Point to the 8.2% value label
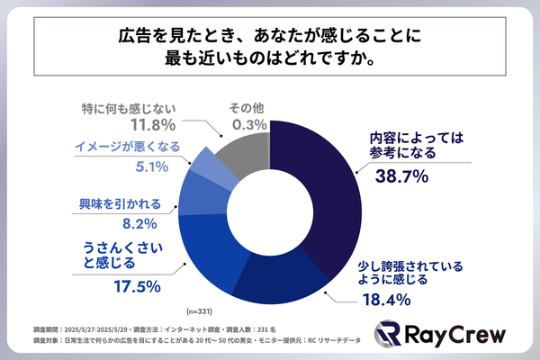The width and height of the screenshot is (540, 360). pyautogui.click(x=141, y=223)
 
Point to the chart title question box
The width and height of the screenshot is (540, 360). pyautogui.click(x=270, y=45)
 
